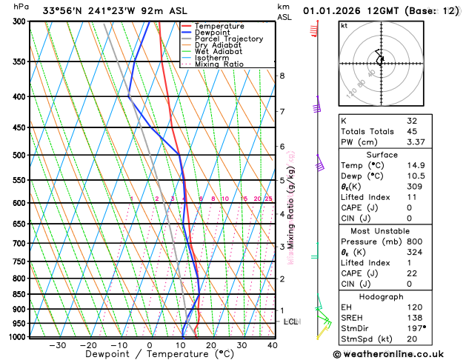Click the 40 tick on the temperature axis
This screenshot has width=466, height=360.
[x=273, y=345]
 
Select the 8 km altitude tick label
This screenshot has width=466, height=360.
[x=282, y=76]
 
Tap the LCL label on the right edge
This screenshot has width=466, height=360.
[x=290, y=322]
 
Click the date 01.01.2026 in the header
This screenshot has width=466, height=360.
[x=342, y=11]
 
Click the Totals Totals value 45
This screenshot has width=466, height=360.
[x=413, y=132]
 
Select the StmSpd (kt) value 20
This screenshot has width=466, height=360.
[x=413, y=340]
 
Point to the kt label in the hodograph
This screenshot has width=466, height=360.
[x=344, y=25]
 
